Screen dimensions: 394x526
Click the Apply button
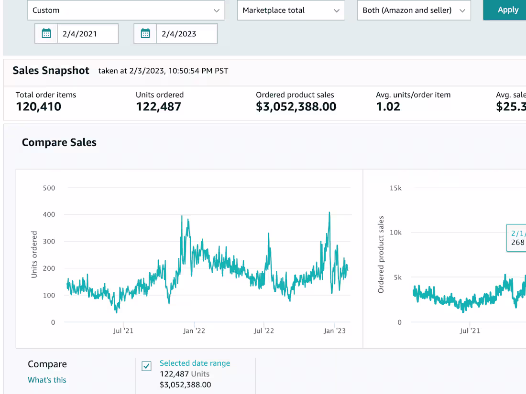click(507, 10)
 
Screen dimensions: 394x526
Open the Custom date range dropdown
click(126, 10)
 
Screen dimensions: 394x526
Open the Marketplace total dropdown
click(291, 10)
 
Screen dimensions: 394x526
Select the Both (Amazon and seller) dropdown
click(414, 10)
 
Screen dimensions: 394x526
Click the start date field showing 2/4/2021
click(88, 34)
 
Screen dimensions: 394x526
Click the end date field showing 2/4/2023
click(186, 34)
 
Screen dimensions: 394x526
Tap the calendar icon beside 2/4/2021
click(46, 34)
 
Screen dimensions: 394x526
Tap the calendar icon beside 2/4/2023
click(145, 34)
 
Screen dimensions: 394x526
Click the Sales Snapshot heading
click(51, 71)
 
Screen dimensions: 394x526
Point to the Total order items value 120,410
click(38, 106)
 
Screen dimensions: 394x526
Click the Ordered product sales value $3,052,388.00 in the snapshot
click(296, 106)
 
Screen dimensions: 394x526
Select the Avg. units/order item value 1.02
click(388, 106)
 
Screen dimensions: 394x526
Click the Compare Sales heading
click(59, 142)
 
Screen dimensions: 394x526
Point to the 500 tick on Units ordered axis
click(49, 188)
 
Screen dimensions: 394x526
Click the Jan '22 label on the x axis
click(194, 330)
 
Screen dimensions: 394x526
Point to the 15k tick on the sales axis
click(395, 188)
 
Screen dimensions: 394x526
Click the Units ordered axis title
click(34, 255)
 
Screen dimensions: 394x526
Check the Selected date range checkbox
click(147, 366)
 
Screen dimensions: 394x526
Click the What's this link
click(47, 380)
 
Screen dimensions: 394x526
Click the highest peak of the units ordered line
click(329, 213)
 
